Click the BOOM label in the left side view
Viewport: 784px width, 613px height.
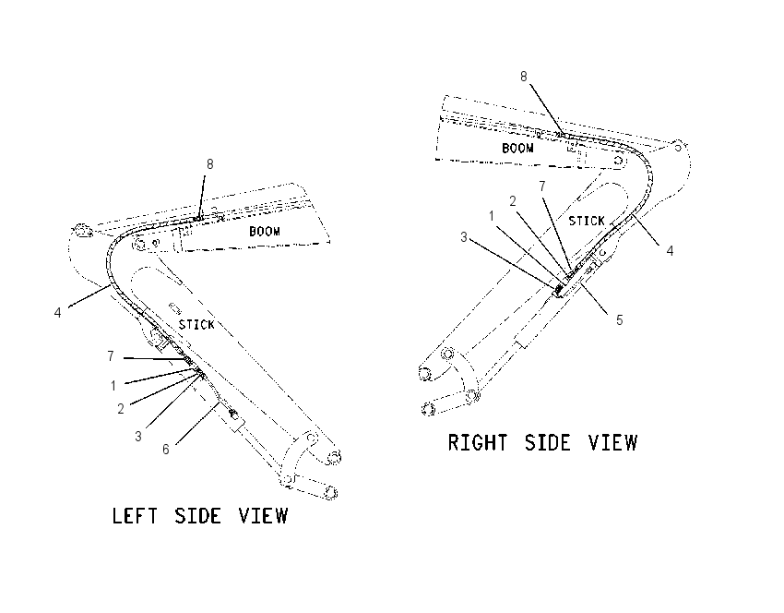(265, 231)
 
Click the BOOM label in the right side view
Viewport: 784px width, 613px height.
(517, 148)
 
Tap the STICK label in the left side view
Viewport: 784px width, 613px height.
(196, 325)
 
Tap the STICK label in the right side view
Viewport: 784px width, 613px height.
(587, 221)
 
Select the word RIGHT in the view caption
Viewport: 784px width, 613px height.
(478, 442)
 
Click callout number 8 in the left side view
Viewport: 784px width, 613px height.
(210, 164)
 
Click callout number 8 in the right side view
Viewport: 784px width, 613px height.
(524, 77)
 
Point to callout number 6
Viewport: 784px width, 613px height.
(166, 450)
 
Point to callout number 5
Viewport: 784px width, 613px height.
(620, 320)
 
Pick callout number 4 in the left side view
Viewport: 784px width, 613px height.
(57, 313)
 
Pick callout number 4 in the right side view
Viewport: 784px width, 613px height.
(670, 251)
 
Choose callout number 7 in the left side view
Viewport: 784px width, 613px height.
(111, 355)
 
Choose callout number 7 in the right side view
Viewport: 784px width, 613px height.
(542, 186)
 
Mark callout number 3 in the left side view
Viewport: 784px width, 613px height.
(138, 437)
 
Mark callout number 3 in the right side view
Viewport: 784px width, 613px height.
(464, 237)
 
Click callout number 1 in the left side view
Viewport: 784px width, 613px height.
(113, 386)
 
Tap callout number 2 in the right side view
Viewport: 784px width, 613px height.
(513, 201)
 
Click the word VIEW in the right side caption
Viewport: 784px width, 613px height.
(613, 442)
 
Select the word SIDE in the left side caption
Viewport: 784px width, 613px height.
(197, 515)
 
